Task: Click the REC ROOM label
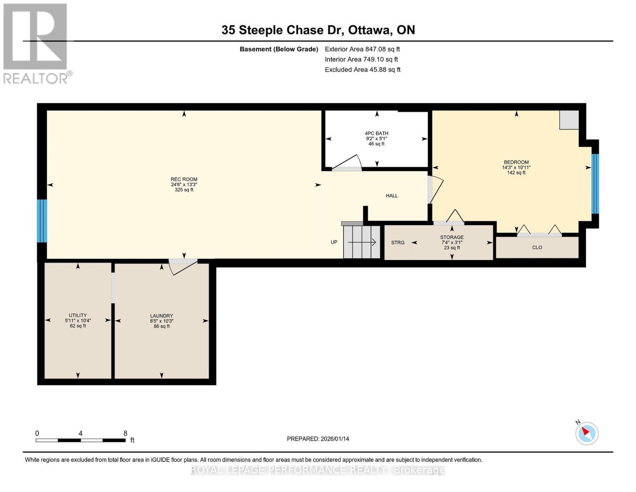[184, 179]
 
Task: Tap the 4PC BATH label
[376, 133]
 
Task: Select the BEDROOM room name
[516, 162]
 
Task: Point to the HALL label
[392, 196]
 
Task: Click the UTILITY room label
[77, 315]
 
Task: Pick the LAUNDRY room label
[162, 316]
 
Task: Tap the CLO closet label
[537, 247]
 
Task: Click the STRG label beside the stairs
[398, 242]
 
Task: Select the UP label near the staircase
[334, 242]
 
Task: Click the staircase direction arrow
[362, 242]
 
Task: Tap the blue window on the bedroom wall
[595, 184]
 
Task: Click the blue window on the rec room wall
[42, 221]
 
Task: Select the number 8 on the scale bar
[125, 433]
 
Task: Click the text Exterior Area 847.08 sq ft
[362, 49]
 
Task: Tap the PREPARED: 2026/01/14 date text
[318, 439]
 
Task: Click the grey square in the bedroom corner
[569, 120]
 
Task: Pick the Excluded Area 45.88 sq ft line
[362, 70]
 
